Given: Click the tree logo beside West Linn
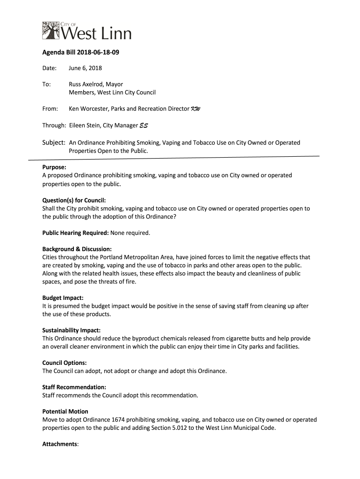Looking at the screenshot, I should tap(51, 31).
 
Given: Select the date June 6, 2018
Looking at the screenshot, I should tap(85, 68).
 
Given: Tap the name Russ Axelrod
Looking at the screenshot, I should tap(86, 84).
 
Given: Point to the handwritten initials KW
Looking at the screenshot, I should tap(195, 109).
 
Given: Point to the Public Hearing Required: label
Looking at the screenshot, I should tap(75, 232).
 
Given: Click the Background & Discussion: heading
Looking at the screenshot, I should tap(77, 249).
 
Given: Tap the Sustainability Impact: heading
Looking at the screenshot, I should tap(71, 330).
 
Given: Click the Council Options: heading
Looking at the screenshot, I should tap(65, 363).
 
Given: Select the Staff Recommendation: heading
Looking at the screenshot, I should tap(74, 387).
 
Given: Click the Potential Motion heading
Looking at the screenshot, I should tap(65, 412).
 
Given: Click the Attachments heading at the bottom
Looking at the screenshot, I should tap(60, 444).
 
